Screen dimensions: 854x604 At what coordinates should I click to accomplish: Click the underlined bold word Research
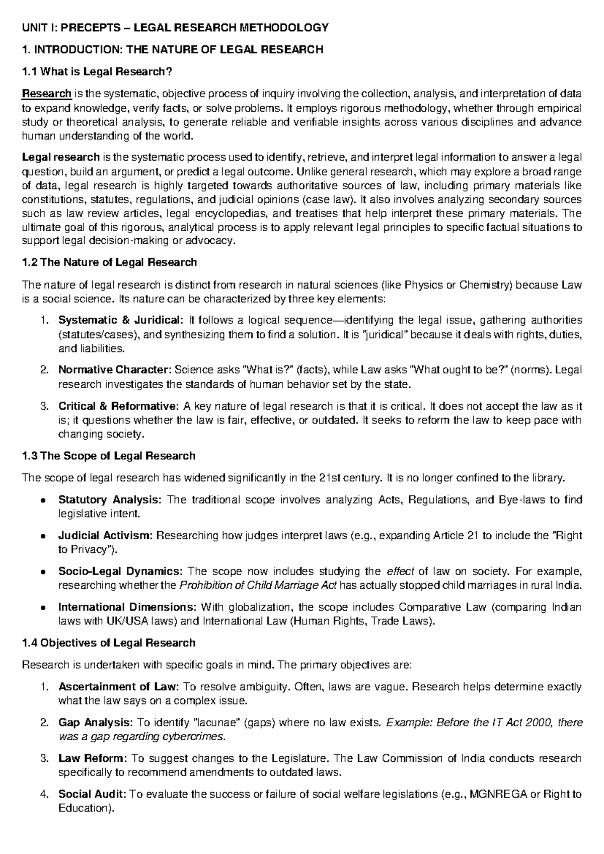click(46, 94)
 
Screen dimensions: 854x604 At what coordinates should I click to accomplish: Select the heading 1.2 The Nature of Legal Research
click(109, 262)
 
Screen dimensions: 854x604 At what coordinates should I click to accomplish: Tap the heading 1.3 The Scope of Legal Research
click(108, 456)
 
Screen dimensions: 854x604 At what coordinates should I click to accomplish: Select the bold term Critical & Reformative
click(118, 406)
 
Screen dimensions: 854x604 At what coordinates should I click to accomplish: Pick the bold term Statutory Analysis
click(110, 500)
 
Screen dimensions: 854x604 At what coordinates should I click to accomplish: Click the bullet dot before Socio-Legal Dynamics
click(44, 572)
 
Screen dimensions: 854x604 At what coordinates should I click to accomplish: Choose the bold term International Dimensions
click(127, 607)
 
